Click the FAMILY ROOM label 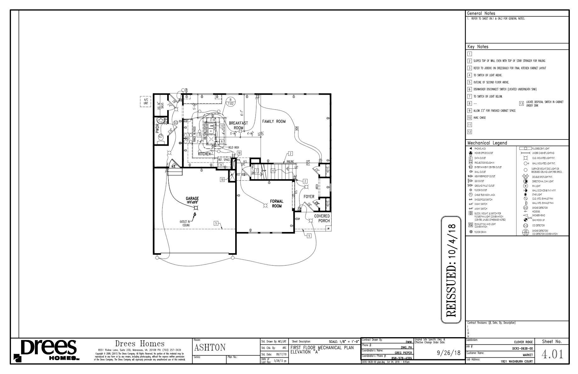tap(274, 122)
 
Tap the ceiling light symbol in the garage tap(196, 208)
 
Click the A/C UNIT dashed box tap(145, 101)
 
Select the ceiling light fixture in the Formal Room tap(265, 206)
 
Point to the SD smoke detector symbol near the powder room tap(175, 122)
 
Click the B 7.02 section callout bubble tap(230, 101)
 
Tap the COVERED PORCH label tap(322, 218)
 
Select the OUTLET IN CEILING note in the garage tap(185, 224)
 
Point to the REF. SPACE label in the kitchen tap(224, 160)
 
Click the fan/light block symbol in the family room tap(297, 128)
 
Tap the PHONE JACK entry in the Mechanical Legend tap(480, 148)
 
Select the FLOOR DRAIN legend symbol tap(471, 232)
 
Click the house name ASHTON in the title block tap(210, 348)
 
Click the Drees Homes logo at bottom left tap(47, 350)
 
